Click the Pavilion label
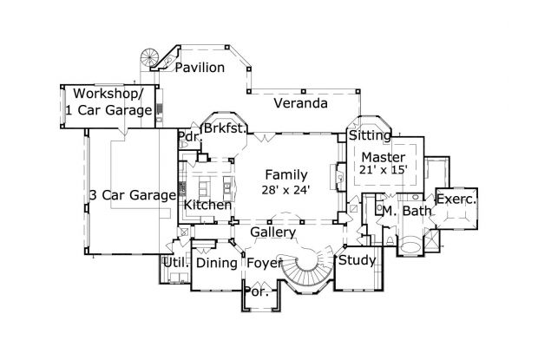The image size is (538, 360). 200,68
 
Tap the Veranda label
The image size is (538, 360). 300,103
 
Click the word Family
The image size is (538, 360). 286,173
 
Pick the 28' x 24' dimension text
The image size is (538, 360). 286,189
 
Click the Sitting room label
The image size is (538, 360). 369,136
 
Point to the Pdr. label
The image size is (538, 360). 188,137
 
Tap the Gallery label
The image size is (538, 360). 273,232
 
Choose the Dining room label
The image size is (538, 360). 217,263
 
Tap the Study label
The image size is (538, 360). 356,260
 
